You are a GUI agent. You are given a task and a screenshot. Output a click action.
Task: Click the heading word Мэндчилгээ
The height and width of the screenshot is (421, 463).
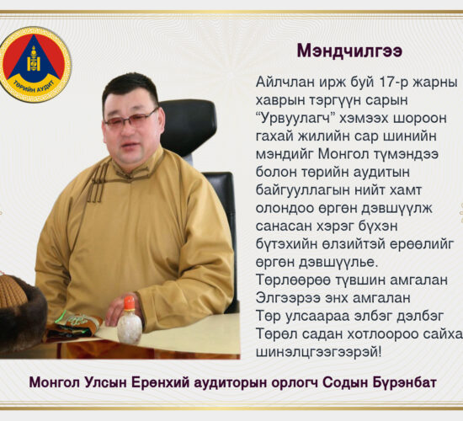pyautogui.click(x=349, y=51)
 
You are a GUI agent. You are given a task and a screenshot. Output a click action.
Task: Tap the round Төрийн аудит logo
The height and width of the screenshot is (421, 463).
pyautogui.click(x=35, y=65)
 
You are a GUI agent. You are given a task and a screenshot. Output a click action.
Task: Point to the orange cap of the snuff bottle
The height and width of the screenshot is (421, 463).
pyautogui.click(x=130, y=303)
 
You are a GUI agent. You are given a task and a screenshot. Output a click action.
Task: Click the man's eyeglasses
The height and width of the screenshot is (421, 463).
pyautogui.click(x=131, y=119)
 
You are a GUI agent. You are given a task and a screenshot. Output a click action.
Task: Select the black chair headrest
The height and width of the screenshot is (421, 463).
pyautogui.click(x=188, y=127)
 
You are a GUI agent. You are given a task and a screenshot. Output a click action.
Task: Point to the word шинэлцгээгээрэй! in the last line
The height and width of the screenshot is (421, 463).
pyautogui.click(x=318, y=352)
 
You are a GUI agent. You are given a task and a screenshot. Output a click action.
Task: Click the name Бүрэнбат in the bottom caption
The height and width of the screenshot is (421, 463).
pyautogui.click(x=405, y=382)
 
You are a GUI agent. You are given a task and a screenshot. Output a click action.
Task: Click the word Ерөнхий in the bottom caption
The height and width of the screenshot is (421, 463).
pyautogui.click(x=160, y=382)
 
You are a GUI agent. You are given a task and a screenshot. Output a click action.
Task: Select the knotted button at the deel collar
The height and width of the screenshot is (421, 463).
pyautogui.click(x=129, y=176)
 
